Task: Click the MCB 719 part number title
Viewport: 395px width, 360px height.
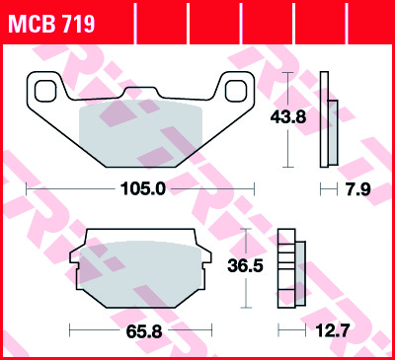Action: click(51, 24)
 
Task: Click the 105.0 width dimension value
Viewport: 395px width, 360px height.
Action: click(143, 189)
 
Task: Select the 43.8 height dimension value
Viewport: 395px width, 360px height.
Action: click(288, 117)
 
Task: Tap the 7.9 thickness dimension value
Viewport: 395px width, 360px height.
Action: click(358, 189)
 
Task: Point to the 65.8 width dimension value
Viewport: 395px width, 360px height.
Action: click(144, 332)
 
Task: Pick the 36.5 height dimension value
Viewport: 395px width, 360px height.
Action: click(245, 265)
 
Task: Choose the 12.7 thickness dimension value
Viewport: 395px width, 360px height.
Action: click(332, 330)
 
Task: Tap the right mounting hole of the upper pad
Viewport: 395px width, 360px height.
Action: click(236, 91)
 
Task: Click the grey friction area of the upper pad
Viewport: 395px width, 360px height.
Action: click(140, 133)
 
